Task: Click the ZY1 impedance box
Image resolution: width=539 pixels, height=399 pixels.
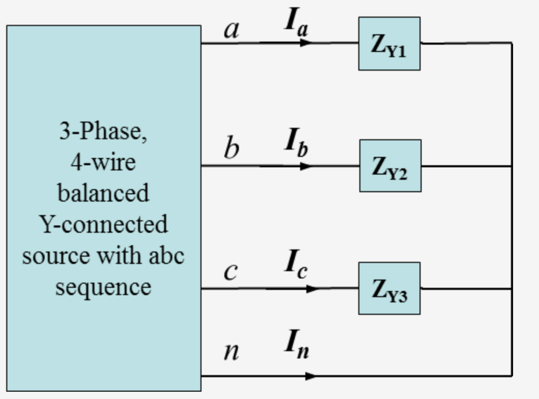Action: click(x=389, y=44)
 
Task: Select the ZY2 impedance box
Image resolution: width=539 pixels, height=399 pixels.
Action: click(x=390, y=166)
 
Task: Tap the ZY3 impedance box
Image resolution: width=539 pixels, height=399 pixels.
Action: click(x=390, y=288)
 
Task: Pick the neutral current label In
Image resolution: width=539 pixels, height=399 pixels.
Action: click(x=296, y=345)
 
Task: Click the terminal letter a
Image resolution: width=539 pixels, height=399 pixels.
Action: click(x=231, y=29)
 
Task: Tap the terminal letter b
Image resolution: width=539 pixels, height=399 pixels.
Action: click(x=231, y=148)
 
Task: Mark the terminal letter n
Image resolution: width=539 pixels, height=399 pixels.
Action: click(x=231, y=351)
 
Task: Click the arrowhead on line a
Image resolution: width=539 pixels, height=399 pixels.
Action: click(x=306, y=43)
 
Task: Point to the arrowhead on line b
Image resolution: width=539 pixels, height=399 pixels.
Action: click(x=306, y=166)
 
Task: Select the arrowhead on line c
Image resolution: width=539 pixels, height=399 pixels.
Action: click(x=312, y=288)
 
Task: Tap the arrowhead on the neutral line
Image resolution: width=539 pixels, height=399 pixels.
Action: click(x=311, y=376)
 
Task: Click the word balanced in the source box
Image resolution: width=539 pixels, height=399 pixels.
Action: click(x=103, y=193)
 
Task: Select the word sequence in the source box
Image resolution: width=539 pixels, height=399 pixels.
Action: click(x=103, y=287)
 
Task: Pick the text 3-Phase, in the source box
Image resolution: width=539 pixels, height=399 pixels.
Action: click(x=103, y=131)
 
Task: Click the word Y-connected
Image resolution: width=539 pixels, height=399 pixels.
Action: click(x=103, y=224)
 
